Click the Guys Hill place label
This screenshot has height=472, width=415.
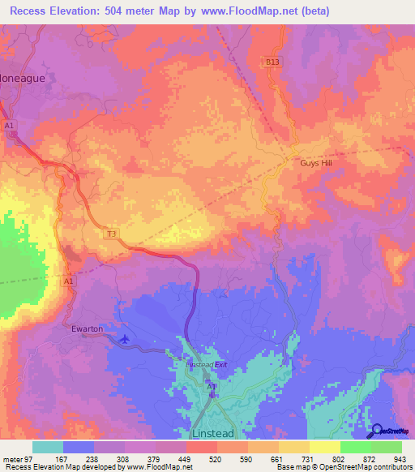coord(311,162)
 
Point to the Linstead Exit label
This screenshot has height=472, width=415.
coord(208,365)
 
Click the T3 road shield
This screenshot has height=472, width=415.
coord(113,234)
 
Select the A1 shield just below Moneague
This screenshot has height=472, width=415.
coord(10,126)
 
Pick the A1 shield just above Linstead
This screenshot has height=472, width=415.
coord(212,388)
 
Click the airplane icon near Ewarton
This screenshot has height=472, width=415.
coord(124,338)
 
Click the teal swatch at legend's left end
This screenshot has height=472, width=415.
coord(48,446)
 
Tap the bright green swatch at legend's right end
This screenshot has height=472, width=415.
coord(386,446)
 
